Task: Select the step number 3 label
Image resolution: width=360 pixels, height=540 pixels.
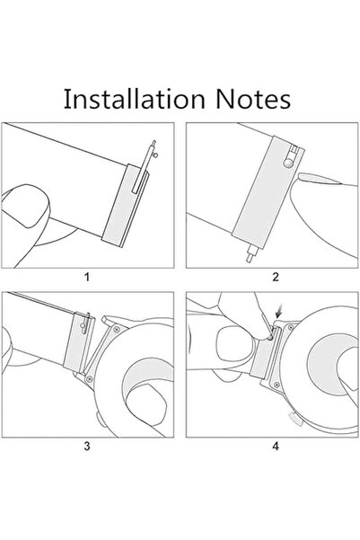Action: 87,443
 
